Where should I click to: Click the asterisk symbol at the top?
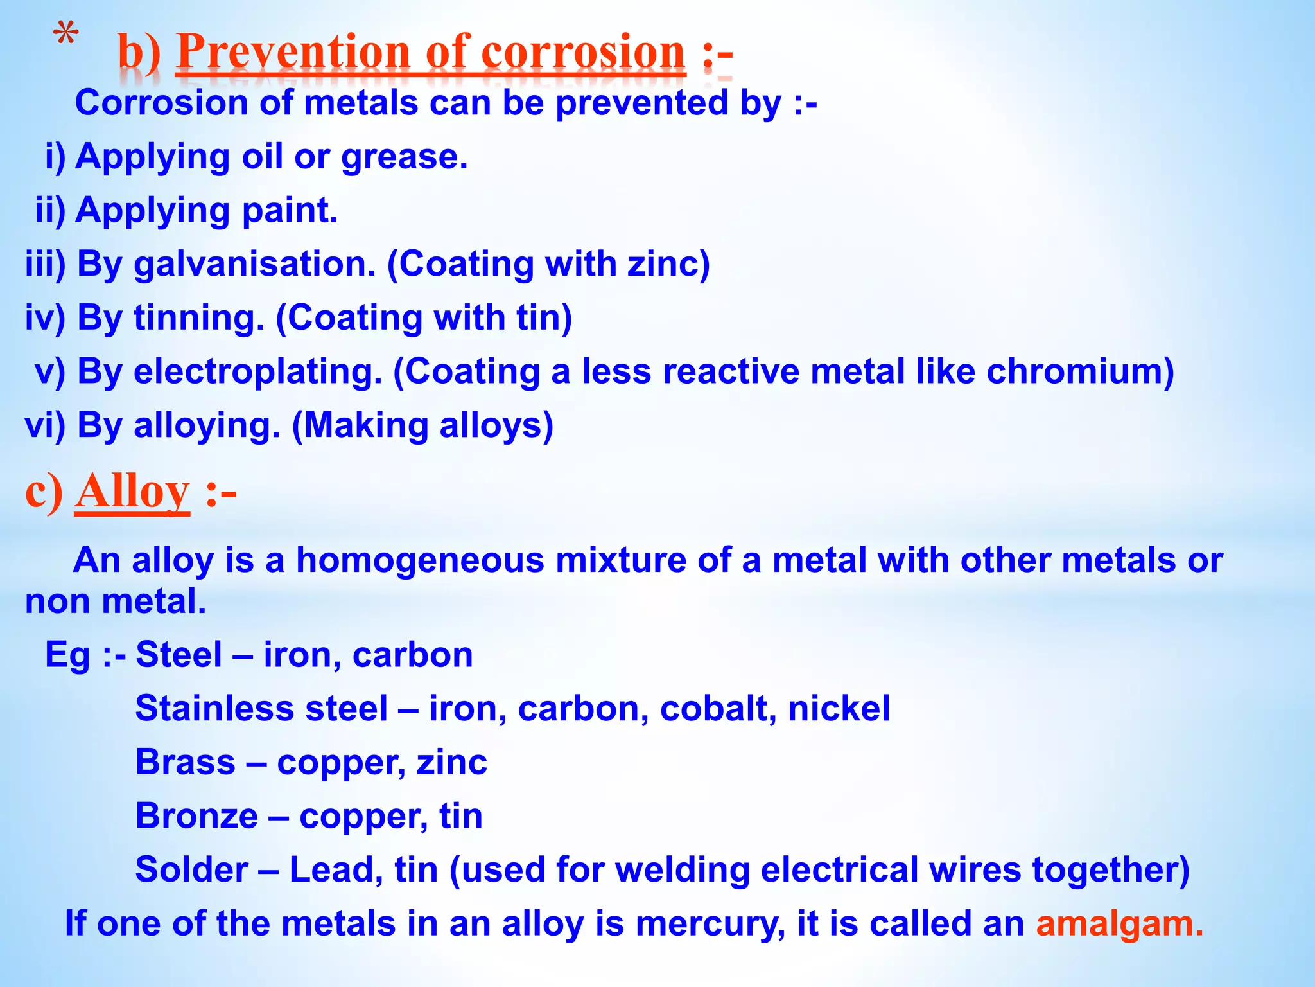(x=65, y=33)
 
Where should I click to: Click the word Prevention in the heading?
(x=293, y=52)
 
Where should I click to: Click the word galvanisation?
(x=254, y=264)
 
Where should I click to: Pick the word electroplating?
(x=257, y=371)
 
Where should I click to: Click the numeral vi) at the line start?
(x=45, y=425)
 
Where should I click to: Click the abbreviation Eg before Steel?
(x=67, y=655)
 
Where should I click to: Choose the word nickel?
(x=839, y=709)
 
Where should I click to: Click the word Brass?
(x=185, y=762)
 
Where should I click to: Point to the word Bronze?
(x=196, y=816)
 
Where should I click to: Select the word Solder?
(x=191, y=870)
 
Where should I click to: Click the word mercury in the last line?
(x=710, y=924)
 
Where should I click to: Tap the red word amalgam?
(x=1114, y=924)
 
